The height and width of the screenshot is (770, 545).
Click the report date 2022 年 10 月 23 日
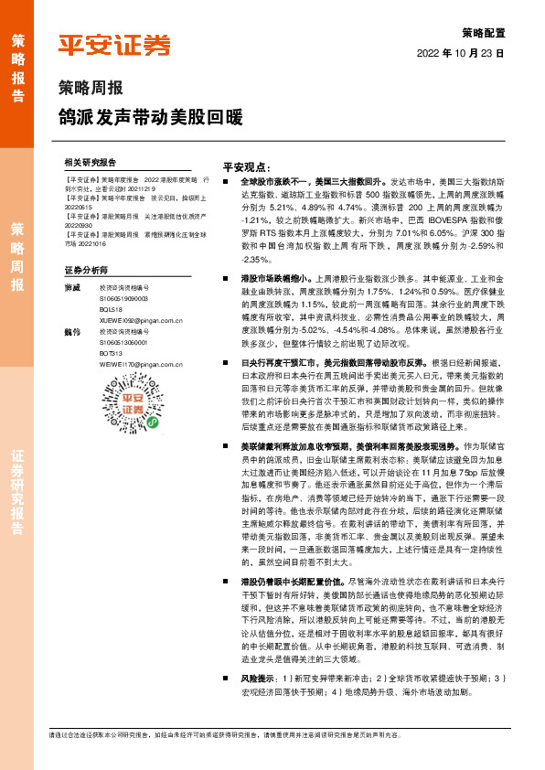462,53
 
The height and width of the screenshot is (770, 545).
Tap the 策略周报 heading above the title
90,89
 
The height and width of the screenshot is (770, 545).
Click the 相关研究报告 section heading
91,161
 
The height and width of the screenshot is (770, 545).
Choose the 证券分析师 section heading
87,271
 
